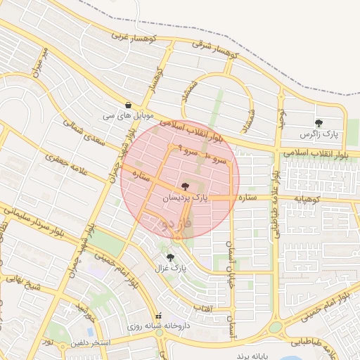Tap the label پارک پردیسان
tap(186, 200)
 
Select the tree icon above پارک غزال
tap(171, 257)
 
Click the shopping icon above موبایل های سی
tap(128, 103)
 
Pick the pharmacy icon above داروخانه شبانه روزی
tap(159, 316)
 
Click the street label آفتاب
tap(222, 308)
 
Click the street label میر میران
tap(39, 63)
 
